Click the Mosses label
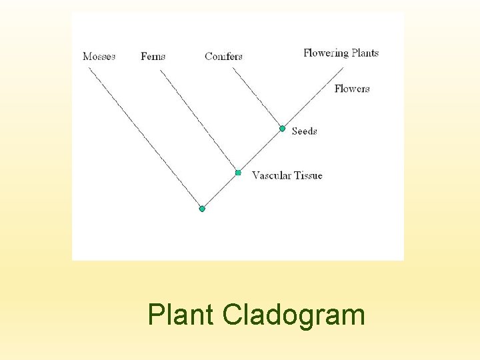pos(99,57)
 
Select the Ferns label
pos(153,57)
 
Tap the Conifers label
pos(223,57)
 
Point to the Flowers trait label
pos(352,89)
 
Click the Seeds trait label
pos(304,131)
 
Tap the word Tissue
pos(308,176)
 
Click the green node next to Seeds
pos(282,128)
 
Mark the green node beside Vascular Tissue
pos(238,173)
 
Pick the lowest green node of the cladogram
pos(202,209)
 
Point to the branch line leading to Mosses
pos(145,137)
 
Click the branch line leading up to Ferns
pos(198,120)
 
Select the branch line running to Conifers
pos(256,98)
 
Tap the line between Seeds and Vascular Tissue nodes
pos(260,150)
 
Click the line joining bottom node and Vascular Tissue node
pos(220,191)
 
